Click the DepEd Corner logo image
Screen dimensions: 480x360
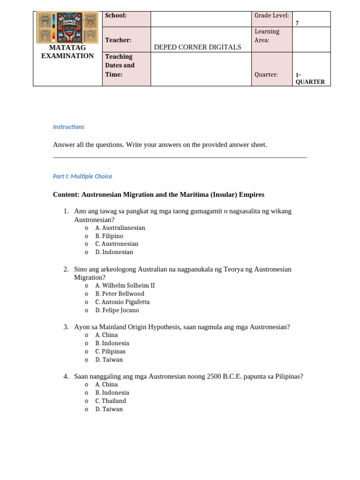click(67, 28)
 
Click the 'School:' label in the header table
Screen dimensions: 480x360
click(116, 15)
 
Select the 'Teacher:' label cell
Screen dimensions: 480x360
click(118, 40)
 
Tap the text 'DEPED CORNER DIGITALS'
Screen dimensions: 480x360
click(197, 47)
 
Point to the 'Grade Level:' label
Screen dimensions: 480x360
click(271, 15)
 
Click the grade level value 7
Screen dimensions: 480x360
click(297, 23)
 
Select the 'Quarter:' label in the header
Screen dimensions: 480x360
click(266, 75)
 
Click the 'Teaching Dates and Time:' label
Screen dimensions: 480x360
click(120, 66)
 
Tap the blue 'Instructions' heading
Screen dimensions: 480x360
click(68, 127)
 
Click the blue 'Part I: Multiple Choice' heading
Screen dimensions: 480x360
click(82, 176)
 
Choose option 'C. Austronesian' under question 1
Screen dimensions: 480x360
click(117, 244)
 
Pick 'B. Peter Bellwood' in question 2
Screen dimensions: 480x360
click(120, 294)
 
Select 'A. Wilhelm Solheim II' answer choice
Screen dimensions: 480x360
click(125, 285)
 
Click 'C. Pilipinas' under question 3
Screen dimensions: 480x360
click(110, 352)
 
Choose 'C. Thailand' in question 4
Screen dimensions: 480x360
click(111, 401)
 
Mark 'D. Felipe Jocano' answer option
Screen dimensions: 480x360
click(117, 310)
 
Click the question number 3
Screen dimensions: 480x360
click(66, 327)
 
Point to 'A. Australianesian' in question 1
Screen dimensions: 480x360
click(120, 228)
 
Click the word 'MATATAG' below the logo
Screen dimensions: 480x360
click(67, 47)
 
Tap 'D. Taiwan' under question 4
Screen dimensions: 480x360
click(109, 409)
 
